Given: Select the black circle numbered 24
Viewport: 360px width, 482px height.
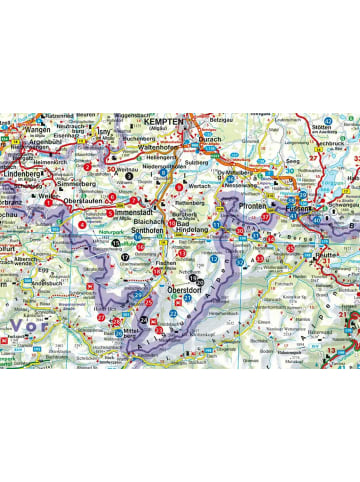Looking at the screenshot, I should pos(143,320).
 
